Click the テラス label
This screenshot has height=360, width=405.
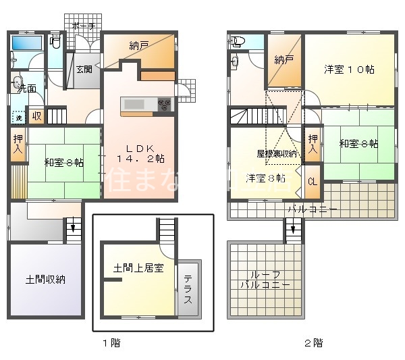pos(188,289)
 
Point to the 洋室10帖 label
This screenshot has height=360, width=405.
pos(349,70)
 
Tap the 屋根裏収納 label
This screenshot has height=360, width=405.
pos(277,153)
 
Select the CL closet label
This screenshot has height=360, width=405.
pos(311,182)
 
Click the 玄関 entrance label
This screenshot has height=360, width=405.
pos(84,68)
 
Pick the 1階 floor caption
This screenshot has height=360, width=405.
pos(111,342)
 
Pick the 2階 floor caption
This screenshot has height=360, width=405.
pos(313,342)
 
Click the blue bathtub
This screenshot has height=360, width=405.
pos(28,43)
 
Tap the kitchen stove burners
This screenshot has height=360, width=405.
pos(165,103)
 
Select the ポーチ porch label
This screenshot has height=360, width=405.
pos(82,25)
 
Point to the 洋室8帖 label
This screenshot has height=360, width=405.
pos(265,178)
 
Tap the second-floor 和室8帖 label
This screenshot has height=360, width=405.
pos(358,144)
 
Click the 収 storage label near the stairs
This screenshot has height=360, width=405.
pos(36,115)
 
